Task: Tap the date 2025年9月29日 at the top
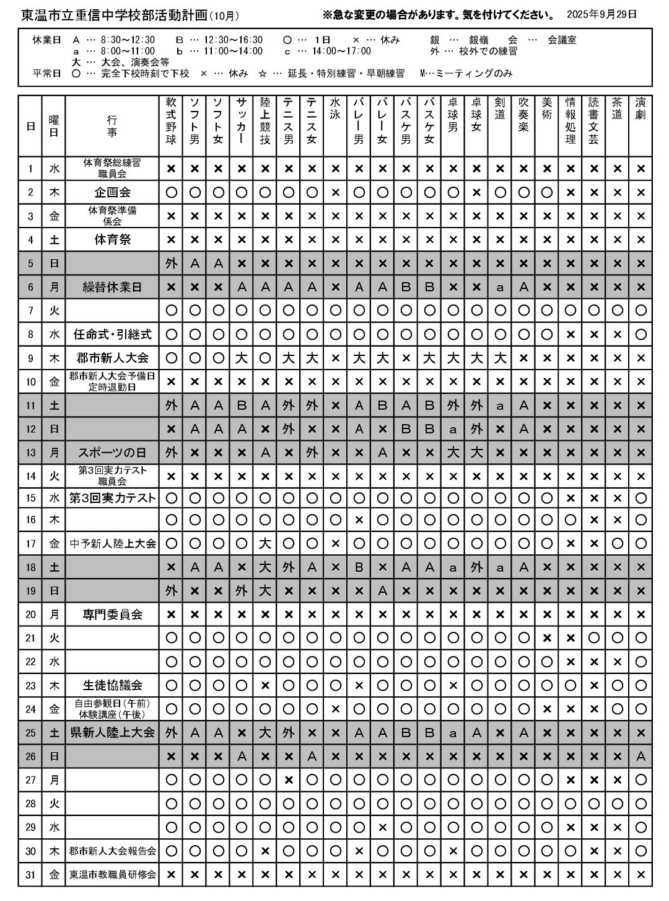click(x=601, y=14)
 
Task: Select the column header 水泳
click(x=335, y=109)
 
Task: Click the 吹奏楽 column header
click(x=523, y=115)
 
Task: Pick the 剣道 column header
click(x=500, y=109)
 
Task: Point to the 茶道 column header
click(x=617, y=109)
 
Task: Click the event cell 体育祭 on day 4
click(x=112, y=239)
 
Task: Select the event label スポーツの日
click(x=112, y=452)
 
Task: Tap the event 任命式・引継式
click(x=112, y=334)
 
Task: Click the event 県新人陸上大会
click(x=112, y=732)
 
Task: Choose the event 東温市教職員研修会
click(x=112, y=874)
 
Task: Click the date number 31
click(x=30, y=874)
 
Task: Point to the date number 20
click(x=30, y=615)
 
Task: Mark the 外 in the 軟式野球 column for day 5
click(x=172, y=264)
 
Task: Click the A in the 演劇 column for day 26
click(x=641, y=756)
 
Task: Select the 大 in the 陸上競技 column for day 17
click(x=265, y=544)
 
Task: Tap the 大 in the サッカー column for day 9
click(x=242, y=358)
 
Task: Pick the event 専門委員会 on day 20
click(x=112, y=615)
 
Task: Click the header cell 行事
click(x=112, y=126)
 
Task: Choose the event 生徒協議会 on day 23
click(x=112, y=685)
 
